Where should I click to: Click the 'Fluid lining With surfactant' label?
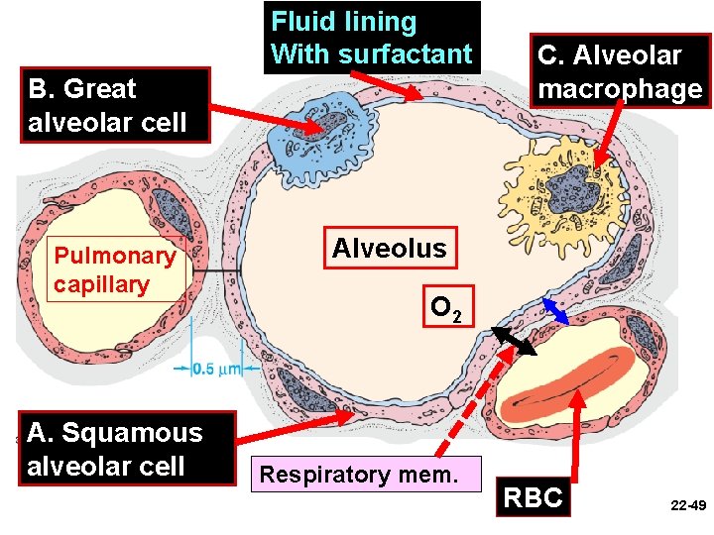tap(372, 37)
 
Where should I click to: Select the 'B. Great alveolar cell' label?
tap(107, 105)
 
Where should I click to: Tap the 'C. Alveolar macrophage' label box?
tap(619, 72)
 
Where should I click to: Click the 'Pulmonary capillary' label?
tap(114, 269)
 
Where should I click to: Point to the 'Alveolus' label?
tap(389, 248)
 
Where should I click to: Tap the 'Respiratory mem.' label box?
tap(359, 475)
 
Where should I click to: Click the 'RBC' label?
tap(534, 497)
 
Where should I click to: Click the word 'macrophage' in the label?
tap(619, 89)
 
